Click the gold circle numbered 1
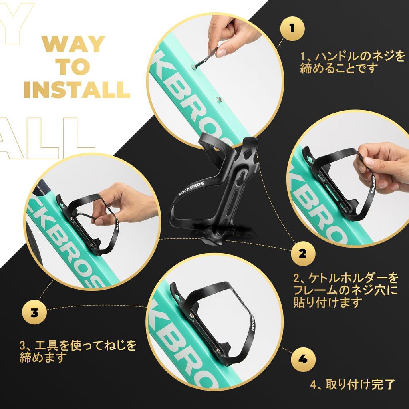[292, 28]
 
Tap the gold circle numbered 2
[303, 253]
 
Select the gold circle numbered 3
[34, 312]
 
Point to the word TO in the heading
[73, 67]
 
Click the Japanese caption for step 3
[78, 351]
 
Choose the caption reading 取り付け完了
[353, 385]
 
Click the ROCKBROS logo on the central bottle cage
[191, 187]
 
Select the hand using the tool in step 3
[122, 204]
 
